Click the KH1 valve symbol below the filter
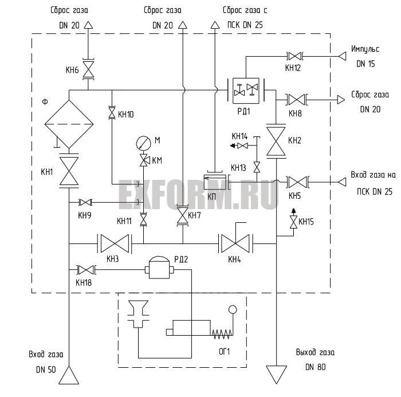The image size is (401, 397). (x=69, y=171)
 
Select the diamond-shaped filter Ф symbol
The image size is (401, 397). (x=69, y=124)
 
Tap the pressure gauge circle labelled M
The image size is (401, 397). (x=143, y=143)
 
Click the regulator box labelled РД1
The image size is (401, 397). (x=246, y=91)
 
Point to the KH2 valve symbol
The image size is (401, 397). (x=276, y=141)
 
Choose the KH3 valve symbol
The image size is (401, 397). (x=115, y=243)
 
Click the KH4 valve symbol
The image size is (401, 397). (x=235, y=243)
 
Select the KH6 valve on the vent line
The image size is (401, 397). (x=88, y=69)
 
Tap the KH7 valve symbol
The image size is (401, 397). (x=183, y=215)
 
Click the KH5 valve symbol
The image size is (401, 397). (x=297, y=182)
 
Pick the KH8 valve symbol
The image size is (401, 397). (x=297, y=100)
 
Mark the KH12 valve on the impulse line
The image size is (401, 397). (x=294, y=56)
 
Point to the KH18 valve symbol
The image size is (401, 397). (x=86, y=270)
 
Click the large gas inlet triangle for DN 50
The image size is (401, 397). (x=69, y=375)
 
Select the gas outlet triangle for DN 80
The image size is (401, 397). (x=276, y=375)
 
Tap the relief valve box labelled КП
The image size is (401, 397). (x=215, y=182)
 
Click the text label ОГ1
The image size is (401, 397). (x=225, y=352)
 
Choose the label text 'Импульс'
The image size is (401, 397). (x=365, y=49)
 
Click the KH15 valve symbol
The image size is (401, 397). (x=293, y=222)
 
